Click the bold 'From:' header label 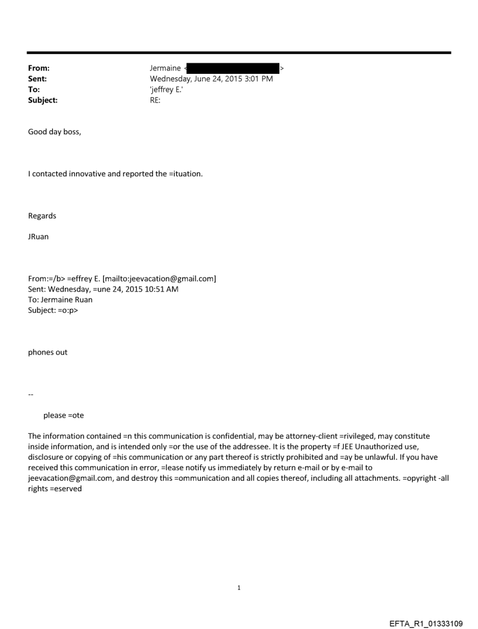coord(39,69)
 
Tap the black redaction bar coord(233,69)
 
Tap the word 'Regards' coord(42,216)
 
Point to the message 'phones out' coord(47,352)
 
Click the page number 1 coord(239,587)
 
